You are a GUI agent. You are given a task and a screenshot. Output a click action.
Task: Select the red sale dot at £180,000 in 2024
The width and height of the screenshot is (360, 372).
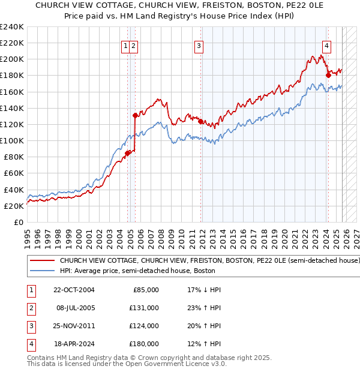pos(328,75)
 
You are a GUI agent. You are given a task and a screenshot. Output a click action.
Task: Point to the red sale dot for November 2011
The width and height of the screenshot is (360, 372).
pos(200,121)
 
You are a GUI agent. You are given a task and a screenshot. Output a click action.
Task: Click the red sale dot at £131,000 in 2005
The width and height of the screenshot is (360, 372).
pos(135,115)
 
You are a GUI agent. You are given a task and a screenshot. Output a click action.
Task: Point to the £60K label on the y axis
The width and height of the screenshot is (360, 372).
pos(14,173)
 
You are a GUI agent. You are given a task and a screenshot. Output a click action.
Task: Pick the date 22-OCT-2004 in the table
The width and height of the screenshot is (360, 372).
pos(75,290)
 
